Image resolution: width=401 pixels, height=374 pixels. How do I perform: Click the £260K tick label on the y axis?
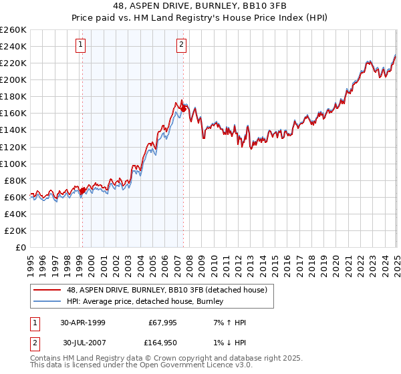[13, 30]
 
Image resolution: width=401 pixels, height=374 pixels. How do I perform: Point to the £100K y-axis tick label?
[13, 164]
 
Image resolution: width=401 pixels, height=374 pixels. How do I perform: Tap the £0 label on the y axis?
[20, 248]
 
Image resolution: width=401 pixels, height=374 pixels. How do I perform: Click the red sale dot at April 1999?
[83, 190]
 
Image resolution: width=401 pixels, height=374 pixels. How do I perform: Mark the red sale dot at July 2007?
[183, 109]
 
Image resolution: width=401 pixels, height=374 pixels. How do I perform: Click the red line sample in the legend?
[48, 290]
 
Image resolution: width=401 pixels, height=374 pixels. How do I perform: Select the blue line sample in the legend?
[48, 301]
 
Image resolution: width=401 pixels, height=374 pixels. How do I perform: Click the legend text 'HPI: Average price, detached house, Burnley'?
[144, 301]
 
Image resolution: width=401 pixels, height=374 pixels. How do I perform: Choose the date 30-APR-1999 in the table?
[82, 323]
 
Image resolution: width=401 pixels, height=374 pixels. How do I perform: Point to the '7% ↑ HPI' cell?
[228, 323]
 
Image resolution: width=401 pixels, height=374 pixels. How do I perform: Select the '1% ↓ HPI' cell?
[228, 343]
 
